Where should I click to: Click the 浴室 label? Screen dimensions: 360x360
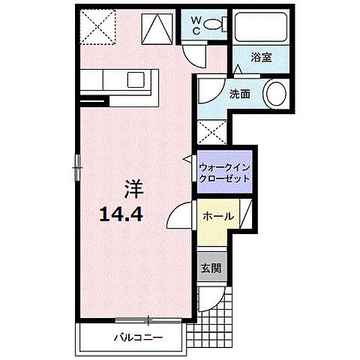pyautogui.click(x=261, y=57)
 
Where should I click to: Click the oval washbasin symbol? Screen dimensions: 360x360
pyautogui.click(x=276, y=95)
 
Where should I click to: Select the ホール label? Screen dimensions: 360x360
pyautogui.click(x=217, y=217)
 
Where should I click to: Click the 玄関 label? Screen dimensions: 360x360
pyautogui.click(x=210, y=268)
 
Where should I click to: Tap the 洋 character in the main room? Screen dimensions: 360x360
pyautogui.click(x=133, y=187)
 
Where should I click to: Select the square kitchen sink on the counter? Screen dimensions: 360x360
pyautogui.click(x=139, y=80)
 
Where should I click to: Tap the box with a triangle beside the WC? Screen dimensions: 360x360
pyautogui.click(x=157, y=30)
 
